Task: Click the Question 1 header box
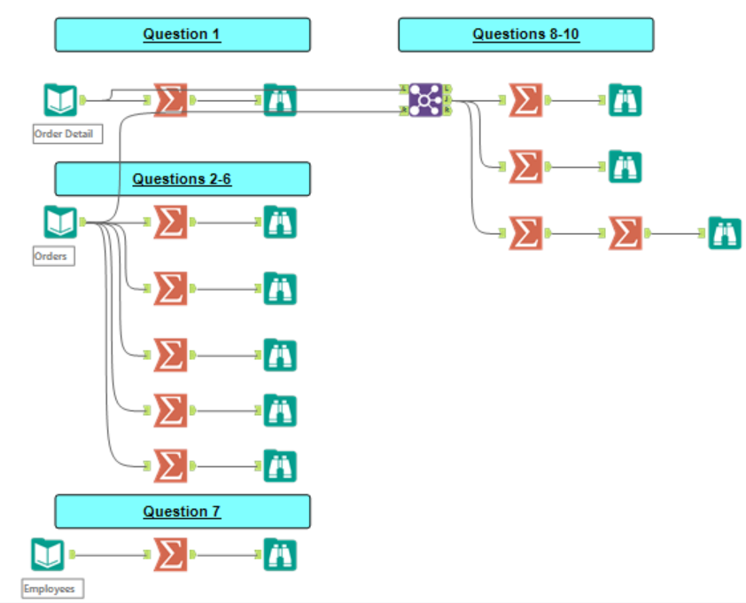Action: pos(183,35)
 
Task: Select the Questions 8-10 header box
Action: pos(525,35)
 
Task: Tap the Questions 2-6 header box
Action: pos(183,178)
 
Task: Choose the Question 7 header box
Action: pos(183,512)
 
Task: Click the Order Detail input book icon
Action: pos(60,99)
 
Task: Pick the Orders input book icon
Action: pos(60,222)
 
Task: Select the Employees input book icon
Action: pos(48,554)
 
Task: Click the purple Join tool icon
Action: pos(426,99)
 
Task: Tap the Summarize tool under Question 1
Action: pos(170,99)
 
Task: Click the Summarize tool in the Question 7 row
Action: pos(170,554)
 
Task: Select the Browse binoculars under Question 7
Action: pos(280,554)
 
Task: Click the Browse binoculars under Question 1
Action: pos(280,99)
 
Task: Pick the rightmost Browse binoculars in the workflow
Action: pos(724,233)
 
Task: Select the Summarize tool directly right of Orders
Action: pos(170,222)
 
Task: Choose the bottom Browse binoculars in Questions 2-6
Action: pos(280,466)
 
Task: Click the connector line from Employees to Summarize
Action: pos(111,554)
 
